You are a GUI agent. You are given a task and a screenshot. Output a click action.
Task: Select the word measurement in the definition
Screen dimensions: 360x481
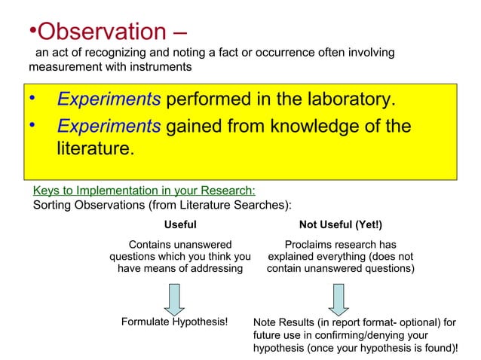pos(60,66)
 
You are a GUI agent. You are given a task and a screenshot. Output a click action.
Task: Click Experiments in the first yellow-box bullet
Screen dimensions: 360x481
pos(109,101)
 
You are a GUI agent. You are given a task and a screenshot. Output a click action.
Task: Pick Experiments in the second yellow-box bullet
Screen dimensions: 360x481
pos(109,127)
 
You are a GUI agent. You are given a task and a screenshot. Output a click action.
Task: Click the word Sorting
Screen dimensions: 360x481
pos(54,205)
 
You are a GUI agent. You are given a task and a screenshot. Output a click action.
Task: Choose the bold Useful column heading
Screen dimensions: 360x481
pos(180,224)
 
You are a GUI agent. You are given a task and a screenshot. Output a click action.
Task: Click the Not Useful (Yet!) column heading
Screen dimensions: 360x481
pos(340,224)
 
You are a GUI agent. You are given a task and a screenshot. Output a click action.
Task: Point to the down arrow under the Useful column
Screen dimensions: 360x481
pos(175,299)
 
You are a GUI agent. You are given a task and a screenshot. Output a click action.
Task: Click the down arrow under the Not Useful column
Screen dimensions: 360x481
pos(339,299)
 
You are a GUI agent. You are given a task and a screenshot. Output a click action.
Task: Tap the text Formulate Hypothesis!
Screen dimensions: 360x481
pos(174,322)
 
